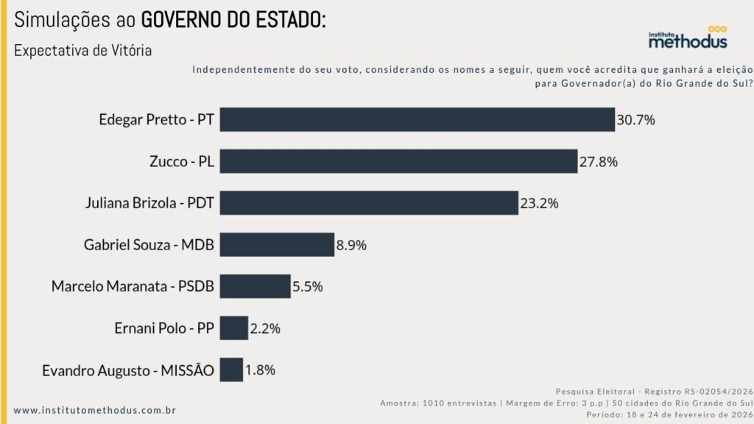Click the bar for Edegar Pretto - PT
[x=417, y=119]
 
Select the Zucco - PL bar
[x=398, y=161]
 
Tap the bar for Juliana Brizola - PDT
[x=369, y=202]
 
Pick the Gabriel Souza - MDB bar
[x=277, y=244]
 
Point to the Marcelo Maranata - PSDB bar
[x=255, y=286]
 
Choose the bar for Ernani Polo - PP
[x=233, y=328]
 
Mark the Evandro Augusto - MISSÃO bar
[x=231, y=370]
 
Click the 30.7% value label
[x=635, y=119]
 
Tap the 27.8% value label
[x=598, y=161]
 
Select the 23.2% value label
[x=540, y=202]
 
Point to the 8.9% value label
[x=351, y=244]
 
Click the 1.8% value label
[x=260, y=370]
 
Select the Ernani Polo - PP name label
[x=164, y=328]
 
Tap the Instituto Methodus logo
[x=687, y=39]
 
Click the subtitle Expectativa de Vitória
[x=82, y=51]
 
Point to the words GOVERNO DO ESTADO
[x=233, y=20]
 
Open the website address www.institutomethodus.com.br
[x=95, y=410]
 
